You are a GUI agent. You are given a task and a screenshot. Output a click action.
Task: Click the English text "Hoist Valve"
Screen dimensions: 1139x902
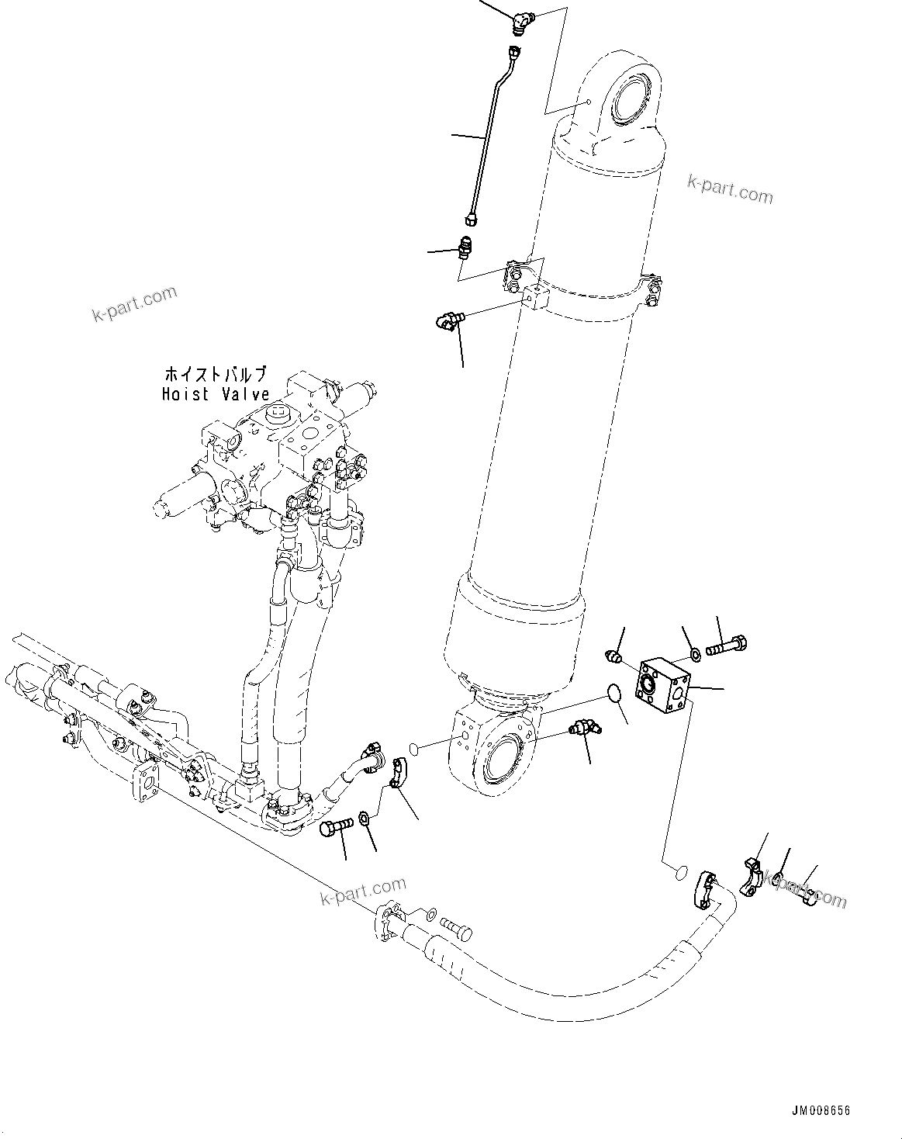click(x=215, y=394)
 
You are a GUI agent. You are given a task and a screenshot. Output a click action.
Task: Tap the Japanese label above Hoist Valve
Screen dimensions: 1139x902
click(x=215, y=374)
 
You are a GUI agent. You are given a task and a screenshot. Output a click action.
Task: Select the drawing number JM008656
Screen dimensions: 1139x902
click(x=820, y=1110)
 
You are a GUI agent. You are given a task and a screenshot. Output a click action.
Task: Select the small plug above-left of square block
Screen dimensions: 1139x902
click(x=613, y=657)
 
